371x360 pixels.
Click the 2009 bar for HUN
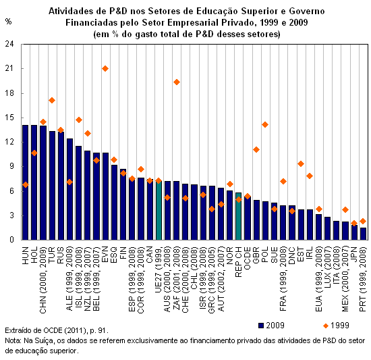26,182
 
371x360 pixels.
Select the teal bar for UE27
159,210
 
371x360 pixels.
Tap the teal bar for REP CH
239,216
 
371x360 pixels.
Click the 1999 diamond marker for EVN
105,69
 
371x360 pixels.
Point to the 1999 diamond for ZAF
177,82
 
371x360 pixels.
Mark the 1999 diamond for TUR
52,101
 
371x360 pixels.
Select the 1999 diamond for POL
265,124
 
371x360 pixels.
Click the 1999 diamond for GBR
256,150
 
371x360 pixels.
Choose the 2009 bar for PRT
363,234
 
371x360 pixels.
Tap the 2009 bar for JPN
354,232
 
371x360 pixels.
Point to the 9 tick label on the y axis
12,167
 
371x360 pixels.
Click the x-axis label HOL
34,255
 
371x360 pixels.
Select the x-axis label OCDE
248,258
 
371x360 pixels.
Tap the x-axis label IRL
310,254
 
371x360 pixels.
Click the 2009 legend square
261,326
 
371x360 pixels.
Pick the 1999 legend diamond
326,326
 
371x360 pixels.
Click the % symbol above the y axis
8,22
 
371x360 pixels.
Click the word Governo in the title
307,11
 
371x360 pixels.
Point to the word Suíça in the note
48,341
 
